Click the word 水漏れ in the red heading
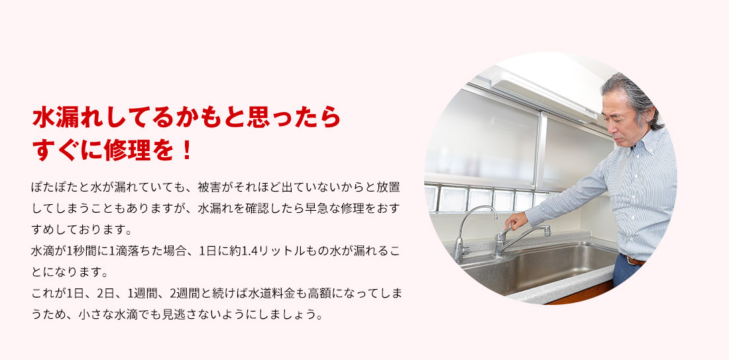click(x=72, y=117)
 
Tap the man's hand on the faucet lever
click(x=516, y=219)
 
